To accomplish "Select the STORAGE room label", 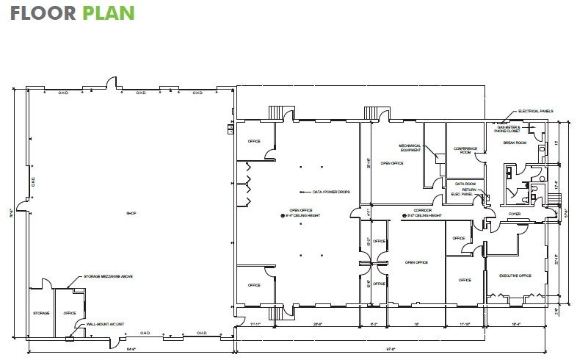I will coord(41,313).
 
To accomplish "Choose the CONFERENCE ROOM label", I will coord(465,151).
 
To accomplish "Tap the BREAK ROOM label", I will coord(515,143).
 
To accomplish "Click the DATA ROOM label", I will coord(465,183).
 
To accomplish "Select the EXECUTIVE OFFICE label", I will coord(515,276).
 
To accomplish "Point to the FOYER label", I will coord(515,214).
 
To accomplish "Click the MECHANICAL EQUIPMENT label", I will coord(410,148).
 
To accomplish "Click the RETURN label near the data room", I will coord(470,190).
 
